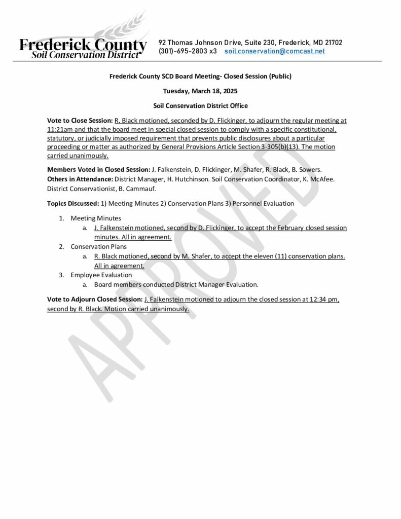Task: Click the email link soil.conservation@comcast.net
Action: coord(274,51)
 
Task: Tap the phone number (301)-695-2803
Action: coord(181,51)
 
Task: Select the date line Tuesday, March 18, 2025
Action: coord(200,91)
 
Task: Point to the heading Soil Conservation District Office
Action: coord(200,105)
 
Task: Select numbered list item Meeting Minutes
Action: coord(96,218)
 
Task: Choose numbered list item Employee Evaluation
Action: coord(101,275)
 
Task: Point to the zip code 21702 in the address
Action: coord(333,43)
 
